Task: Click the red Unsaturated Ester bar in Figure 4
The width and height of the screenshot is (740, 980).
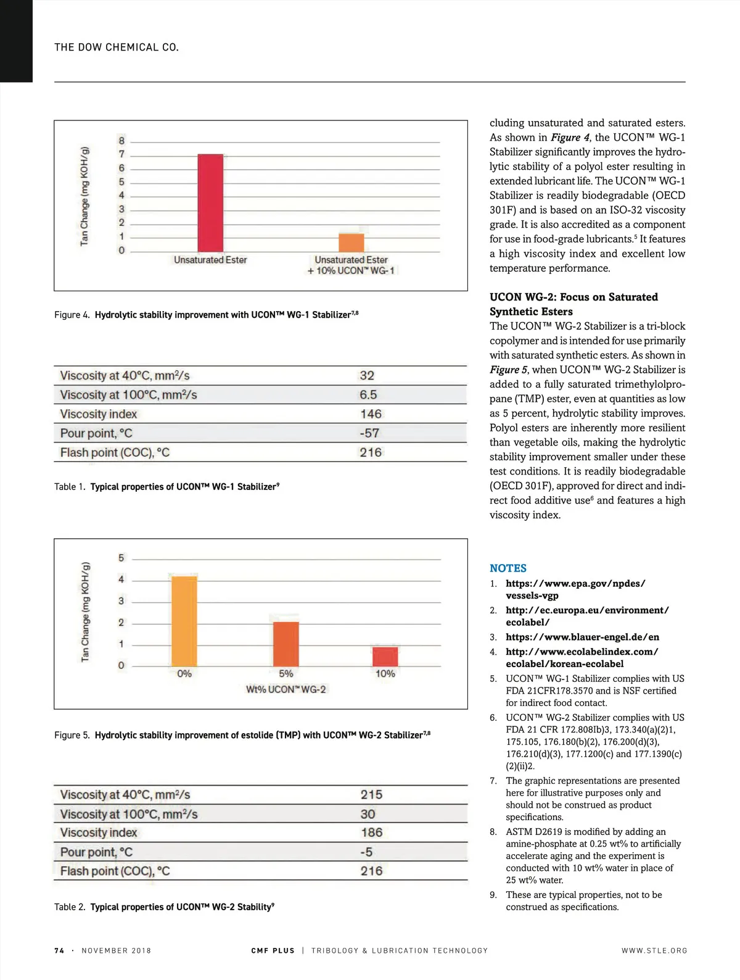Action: click(210, 202)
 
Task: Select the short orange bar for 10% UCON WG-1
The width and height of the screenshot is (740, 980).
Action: click(351, 243)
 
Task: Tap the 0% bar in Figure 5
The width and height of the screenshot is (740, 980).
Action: click(184, 620)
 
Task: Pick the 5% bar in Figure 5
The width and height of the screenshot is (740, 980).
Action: click(286, 644)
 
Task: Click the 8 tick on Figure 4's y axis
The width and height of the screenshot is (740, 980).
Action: click(121, 141)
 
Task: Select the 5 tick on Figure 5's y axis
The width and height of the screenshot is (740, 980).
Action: click(121, 558)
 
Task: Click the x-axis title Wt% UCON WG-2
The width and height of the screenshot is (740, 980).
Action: click(286, 689)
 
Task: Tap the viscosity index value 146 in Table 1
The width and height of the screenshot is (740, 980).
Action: click(371, 414)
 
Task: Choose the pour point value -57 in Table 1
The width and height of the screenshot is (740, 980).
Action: click(369, 433)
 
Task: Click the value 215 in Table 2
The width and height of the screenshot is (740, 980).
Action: click(371, 794)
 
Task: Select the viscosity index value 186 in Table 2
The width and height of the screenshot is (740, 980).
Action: click(371, 833)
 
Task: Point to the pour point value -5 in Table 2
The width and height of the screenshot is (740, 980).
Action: click(366, 852)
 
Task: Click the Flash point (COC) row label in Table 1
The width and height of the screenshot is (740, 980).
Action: click(115, 452)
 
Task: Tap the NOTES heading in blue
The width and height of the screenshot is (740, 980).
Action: click(508, 568)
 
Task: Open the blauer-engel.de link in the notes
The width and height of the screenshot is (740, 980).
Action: click(582, 637)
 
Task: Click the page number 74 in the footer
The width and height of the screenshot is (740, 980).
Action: click(59, 950)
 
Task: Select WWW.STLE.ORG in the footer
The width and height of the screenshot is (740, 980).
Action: click(654, 950)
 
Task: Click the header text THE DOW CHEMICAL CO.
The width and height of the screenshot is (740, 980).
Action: click(117, 48)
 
